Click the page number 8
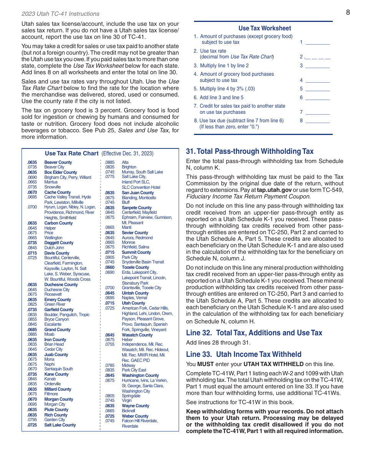click(348, 12)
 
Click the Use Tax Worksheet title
click(264, 28)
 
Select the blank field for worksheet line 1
click(318, 42)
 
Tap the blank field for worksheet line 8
click(318, 120)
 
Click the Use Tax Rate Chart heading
click(72, 153)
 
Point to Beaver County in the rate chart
click(58, 162)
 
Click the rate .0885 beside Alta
click(109, 162)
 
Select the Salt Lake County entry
click(60, 425)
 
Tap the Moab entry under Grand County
click(49, 334)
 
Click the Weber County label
click(135, 416)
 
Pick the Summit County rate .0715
click(109, 252)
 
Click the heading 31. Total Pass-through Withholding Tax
click(250, 151)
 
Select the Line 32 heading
click(254, 333)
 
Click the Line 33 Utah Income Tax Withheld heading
click(244, 354)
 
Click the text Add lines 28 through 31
click(218, 343)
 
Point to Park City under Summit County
click(129, 257)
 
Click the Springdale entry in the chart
click(131, 396)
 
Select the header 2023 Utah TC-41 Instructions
click(61, 14)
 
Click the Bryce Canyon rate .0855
click(32, 319)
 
